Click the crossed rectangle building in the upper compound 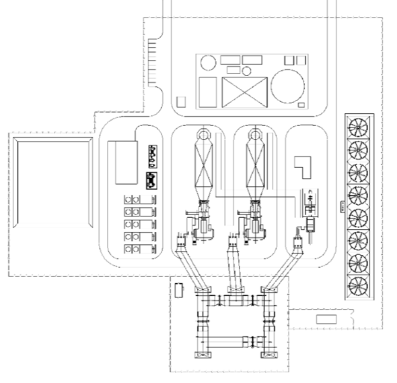(242, 91)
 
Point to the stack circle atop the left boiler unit (205, 134)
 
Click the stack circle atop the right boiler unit (255, 134)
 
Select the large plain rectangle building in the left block (127, 162)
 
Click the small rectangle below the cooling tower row (326, 318)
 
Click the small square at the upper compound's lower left (180, 102)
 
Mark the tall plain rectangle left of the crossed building (208, 91)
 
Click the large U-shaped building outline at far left (50, 182)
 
